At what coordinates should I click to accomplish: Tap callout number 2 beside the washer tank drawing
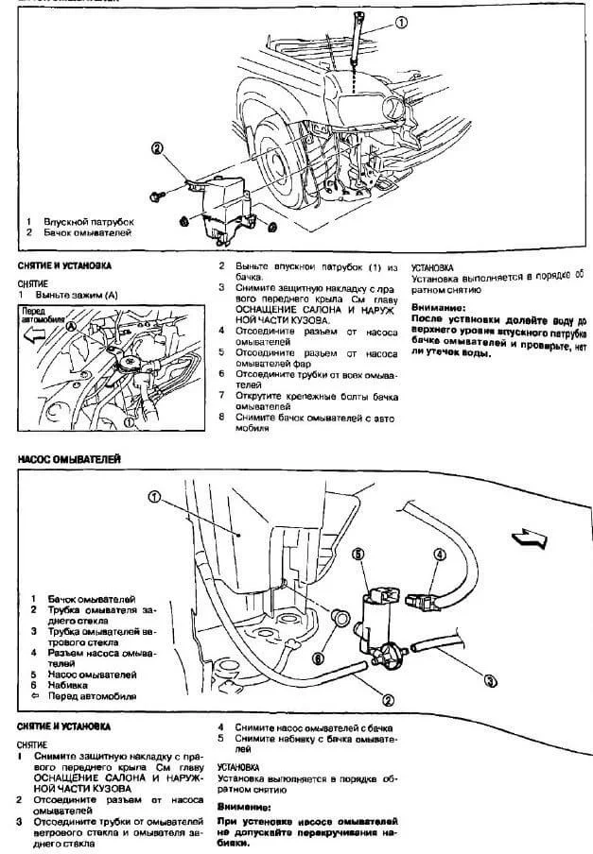[157, 147]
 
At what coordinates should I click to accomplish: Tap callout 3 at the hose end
[490, 678]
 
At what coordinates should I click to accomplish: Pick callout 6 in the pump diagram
[320, 658]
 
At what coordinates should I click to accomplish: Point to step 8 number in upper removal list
[221, 416]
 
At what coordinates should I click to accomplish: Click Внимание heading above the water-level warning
[439, 308]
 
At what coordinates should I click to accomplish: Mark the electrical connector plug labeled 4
[422, 598]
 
